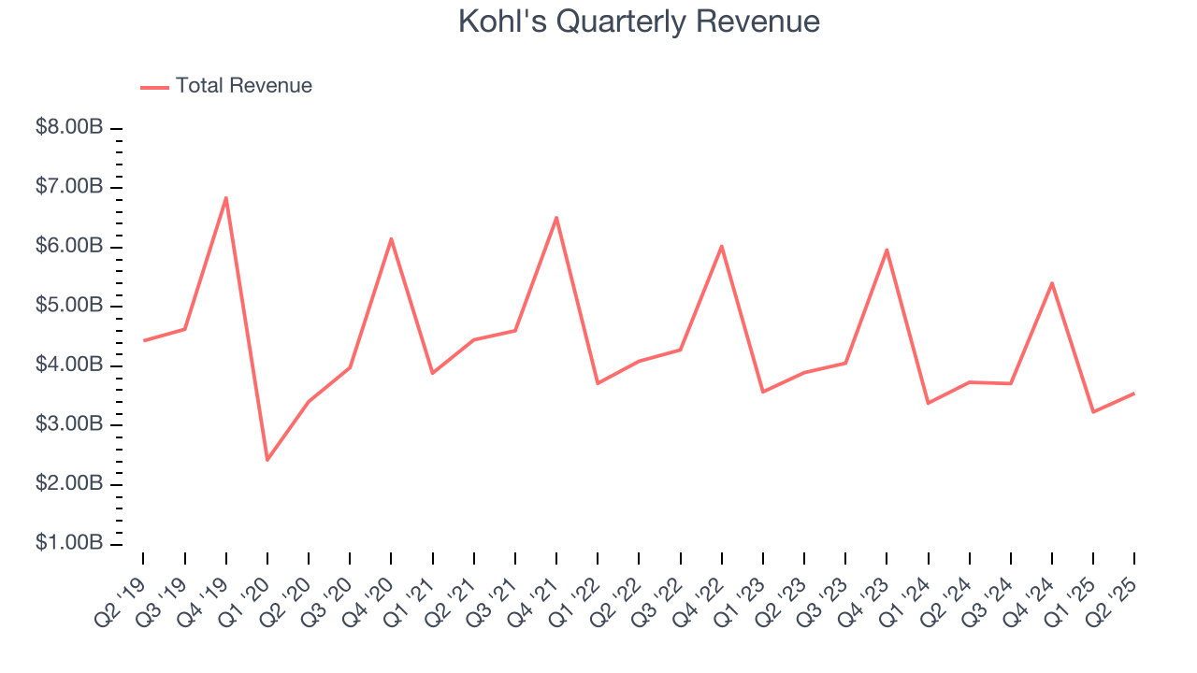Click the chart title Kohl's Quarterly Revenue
click(x=639, y=21)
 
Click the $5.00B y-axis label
click(x=69, y=307)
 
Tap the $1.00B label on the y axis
click(x=69, y=544)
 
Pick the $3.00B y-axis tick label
click(x=69, y=425)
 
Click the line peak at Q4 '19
click(x=225, y=197)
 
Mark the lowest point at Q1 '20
click(x=267, y=460)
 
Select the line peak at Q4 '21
click(x=556, y=218)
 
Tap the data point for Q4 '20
click(x=391, y=238)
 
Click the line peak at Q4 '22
click(x=722, y=246)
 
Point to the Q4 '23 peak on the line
click(x=887, y=250)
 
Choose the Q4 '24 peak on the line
click(x=1052, y=282)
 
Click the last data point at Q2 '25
click(x=1134, y=394)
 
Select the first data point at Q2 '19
click(x=143, y=340)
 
